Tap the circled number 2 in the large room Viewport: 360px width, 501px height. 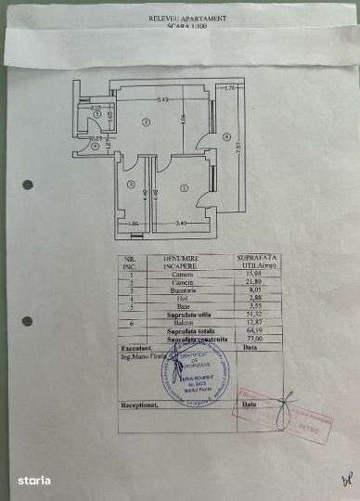tap(145, 122)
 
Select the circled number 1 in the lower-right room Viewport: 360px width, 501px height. tap(185, 188)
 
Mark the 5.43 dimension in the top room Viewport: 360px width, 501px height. tap(162, 99)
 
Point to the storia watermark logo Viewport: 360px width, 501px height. tap(31, 480)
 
